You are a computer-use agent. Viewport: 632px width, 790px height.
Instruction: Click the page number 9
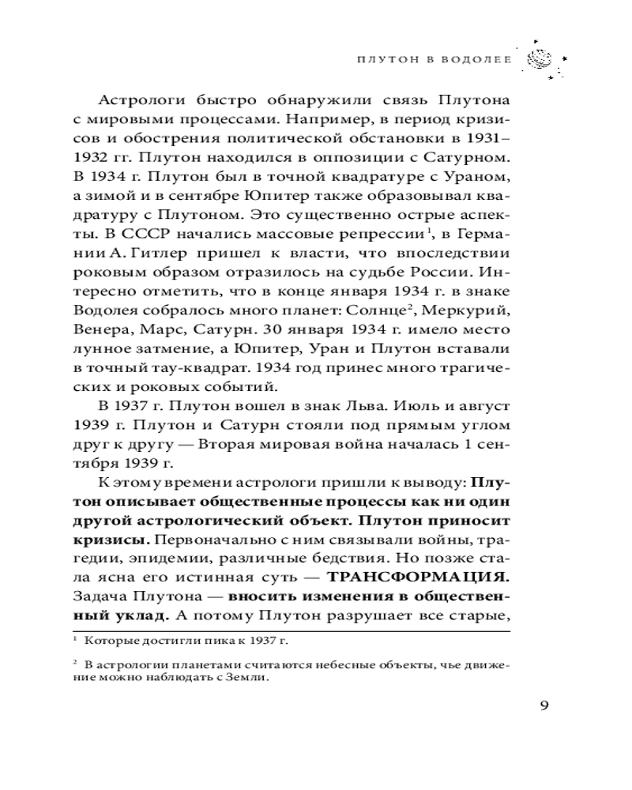click(544, 705)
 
